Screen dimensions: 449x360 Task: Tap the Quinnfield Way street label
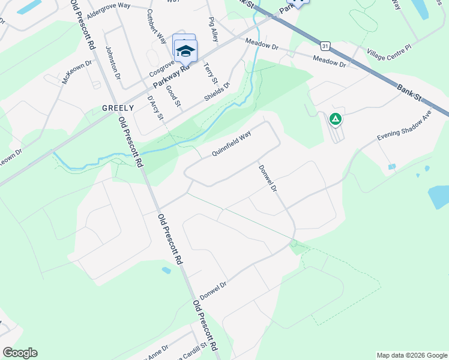click(x=231, y=145)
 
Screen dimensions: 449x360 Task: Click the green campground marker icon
click(x=336, y=119)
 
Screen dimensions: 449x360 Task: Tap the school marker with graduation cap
click(x=185, y=51)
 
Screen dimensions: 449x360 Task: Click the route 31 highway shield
click(x=325, y=46)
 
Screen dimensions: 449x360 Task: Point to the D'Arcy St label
click(x=155, y=106)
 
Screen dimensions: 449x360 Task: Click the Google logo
click(x=20, y=353)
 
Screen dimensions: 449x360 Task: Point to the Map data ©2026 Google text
click(x=412, y=355)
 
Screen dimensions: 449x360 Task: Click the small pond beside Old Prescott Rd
click(x=166, y=271)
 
